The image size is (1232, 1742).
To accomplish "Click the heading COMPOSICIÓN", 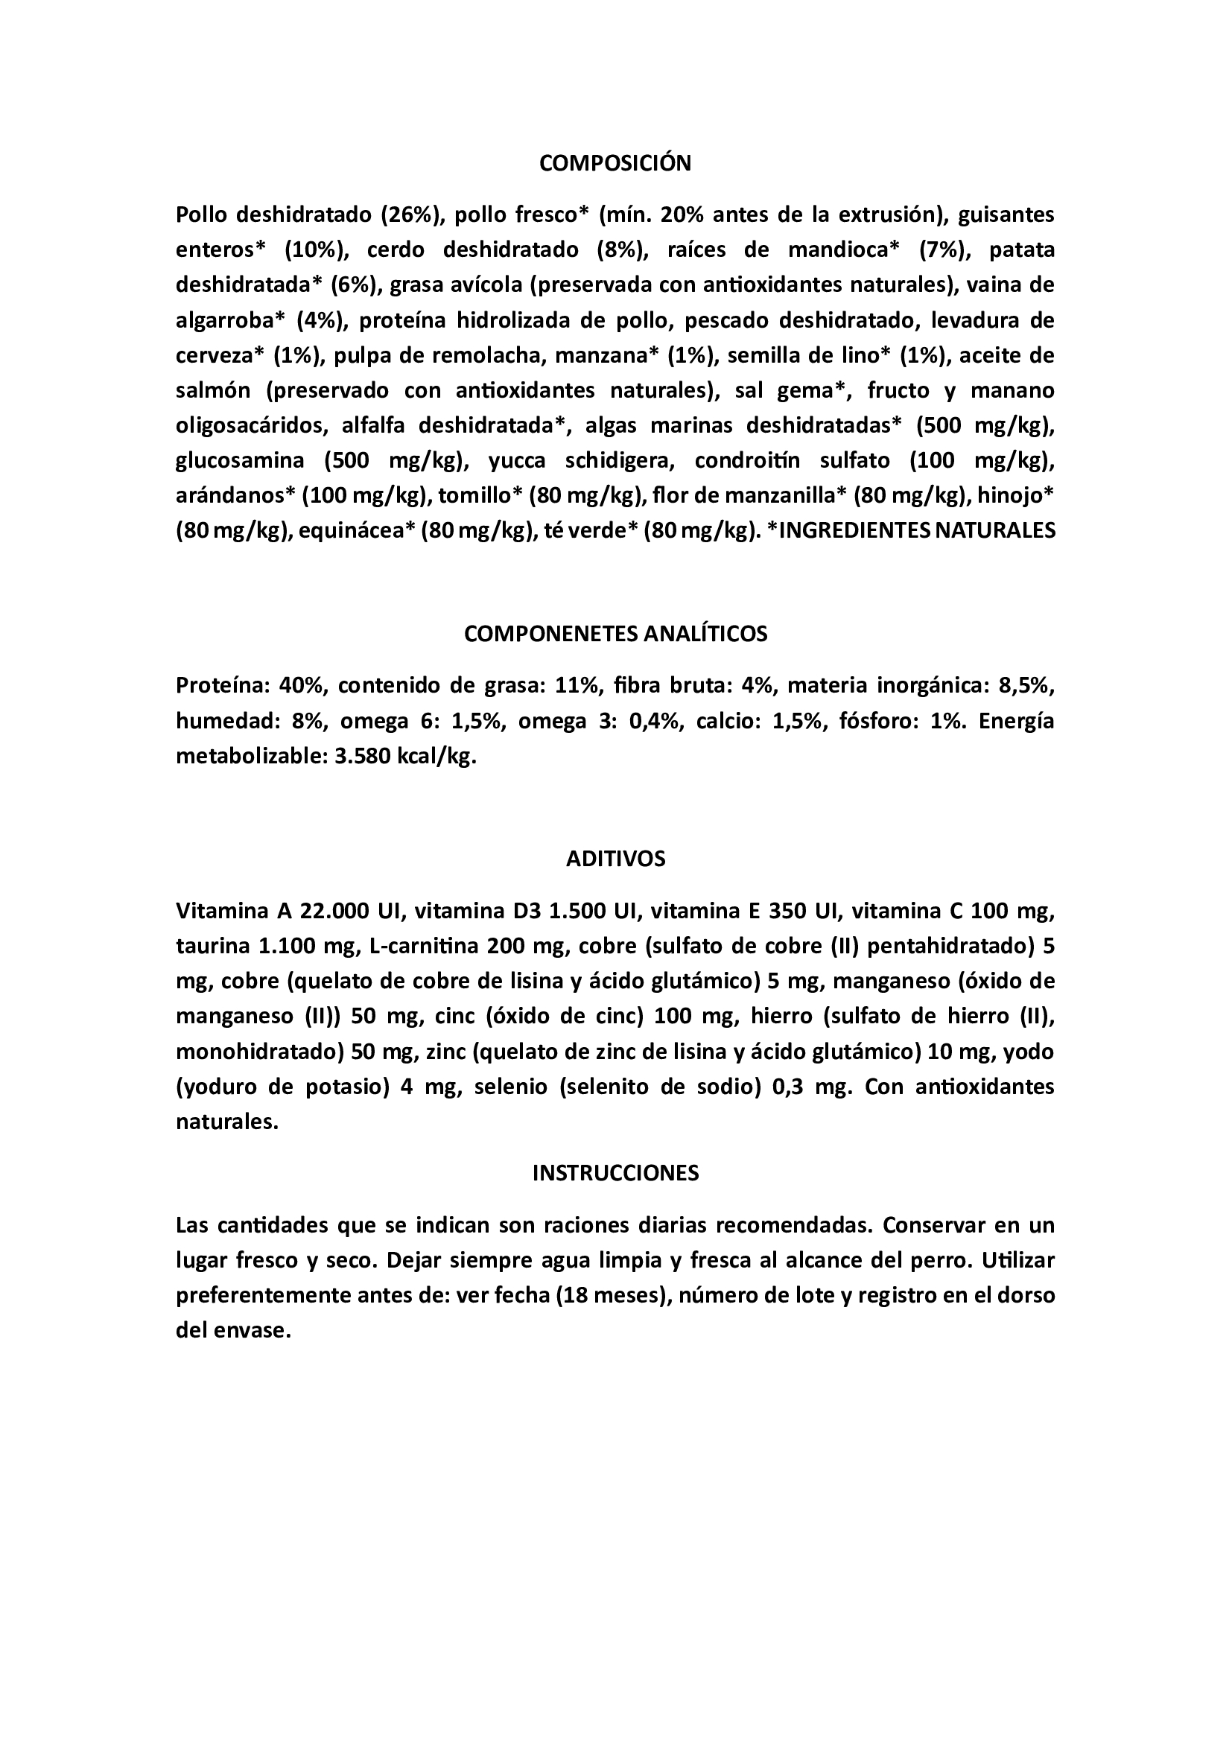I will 615,163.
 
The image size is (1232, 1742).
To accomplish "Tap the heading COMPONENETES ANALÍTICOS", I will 615,634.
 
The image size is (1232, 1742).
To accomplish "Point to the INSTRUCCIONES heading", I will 615,1173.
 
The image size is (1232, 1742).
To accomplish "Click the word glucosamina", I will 240,460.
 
